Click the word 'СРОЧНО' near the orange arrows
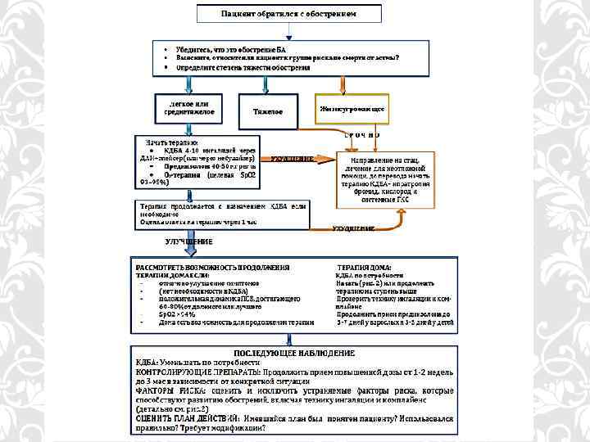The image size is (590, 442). pyautogui.click(x=361, y=134)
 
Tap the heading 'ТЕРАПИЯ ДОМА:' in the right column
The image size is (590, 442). pyautogui.click(x=364, y=268)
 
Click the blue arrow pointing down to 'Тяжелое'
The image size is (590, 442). pyautogui.click(x=268, y=87)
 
